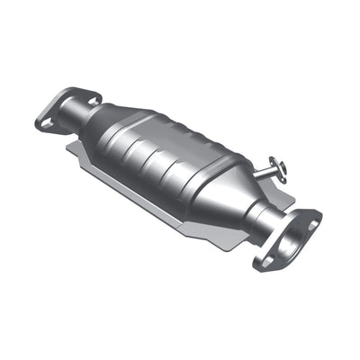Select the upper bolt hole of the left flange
pos(74,93)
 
